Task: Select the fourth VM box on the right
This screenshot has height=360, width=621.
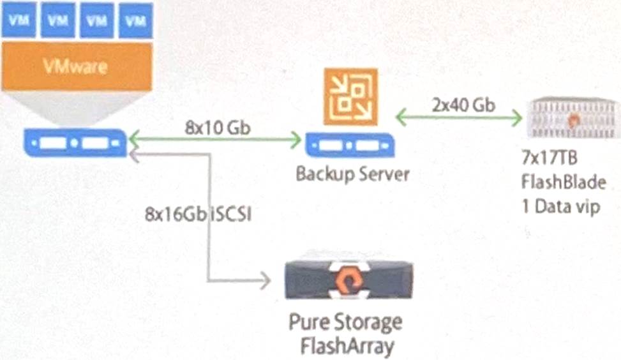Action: click(x=135, y=20)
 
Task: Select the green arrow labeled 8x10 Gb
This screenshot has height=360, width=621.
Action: click(x=214, y=139)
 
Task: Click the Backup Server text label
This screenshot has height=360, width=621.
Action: click(x=352, y=174)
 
